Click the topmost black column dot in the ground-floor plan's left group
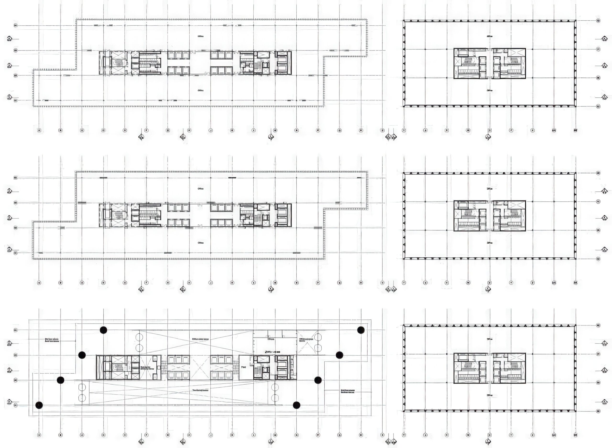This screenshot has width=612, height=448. point(103,330)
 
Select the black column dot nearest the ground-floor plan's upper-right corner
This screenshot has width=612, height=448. point(361,330)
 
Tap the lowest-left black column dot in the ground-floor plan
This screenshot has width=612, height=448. point(39,405)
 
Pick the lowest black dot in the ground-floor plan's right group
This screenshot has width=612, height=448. point(297,405)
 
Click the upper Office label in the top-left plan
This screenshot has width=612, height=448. point(201,36)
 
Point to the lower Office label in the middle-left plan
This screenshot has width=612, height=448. point(201,243)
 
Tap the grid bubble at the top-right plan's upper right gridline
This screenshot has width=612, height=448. point(598,21)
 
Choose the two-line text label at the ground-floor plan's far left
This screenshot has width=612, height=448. point(52,340)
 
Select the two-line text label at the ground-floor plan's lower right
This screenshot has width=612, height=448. point(347,391)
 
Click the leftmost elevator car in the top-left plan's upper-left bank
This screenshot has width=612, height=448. point(171,56)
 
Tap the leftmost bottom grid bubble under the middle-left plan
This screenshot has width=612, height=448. point(39,283)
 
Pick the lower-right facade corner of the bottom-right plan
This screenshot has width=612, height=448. point(575,411)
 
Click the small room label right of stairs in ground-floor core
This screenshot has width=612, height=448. point(244,367)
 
